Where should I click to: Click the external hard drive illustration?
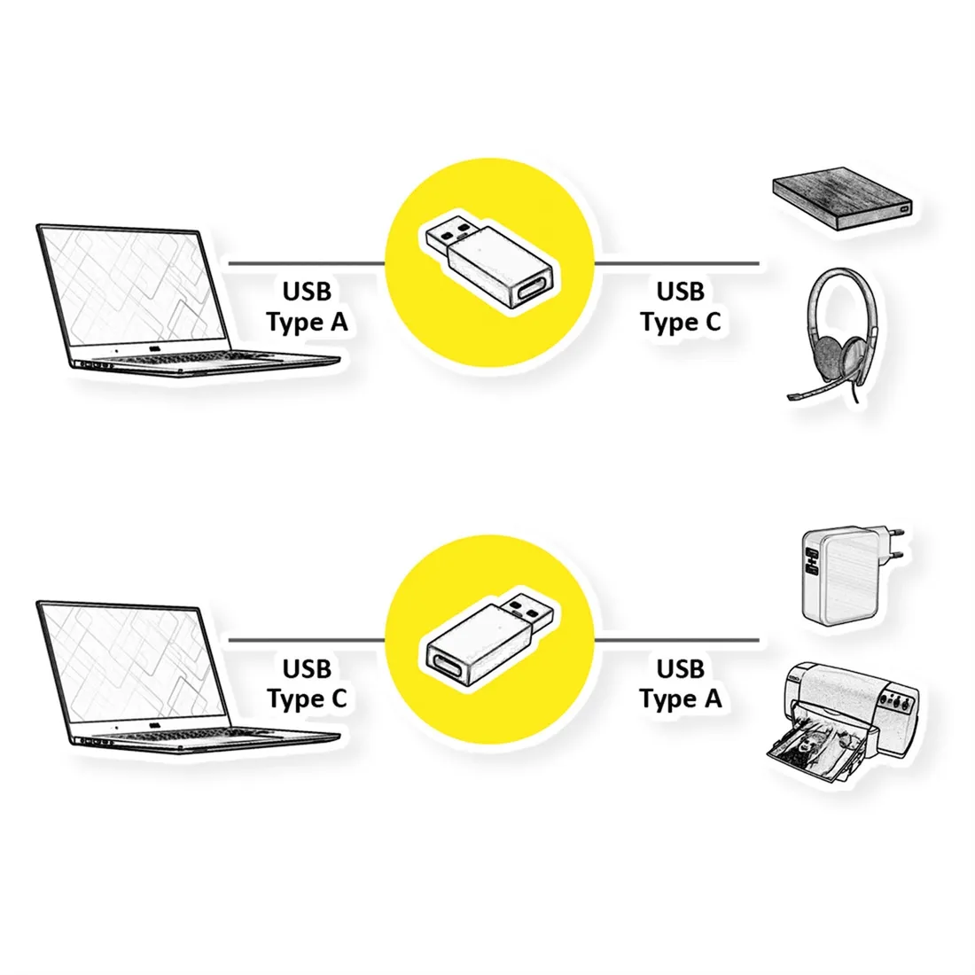coord(843,198)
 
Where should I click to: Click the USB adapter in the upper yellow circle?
coord(489,261)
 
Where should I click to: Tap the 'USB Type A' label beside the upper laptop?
coord(307,307)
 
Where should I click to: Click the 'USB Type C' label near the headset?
coord(680,307)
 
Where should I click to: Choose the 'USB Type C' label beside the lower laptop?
coord(307,684)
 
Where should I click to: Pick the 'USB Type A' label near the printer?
coord(680,684)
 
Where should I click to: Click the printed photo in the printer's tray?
coord(811,748)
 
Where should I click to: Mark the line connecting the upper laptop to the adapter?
coord(308,263)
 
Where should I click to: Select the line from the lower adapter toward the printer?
coord(676,640)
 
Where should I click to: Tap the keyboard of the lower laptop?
coord(186,736)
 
